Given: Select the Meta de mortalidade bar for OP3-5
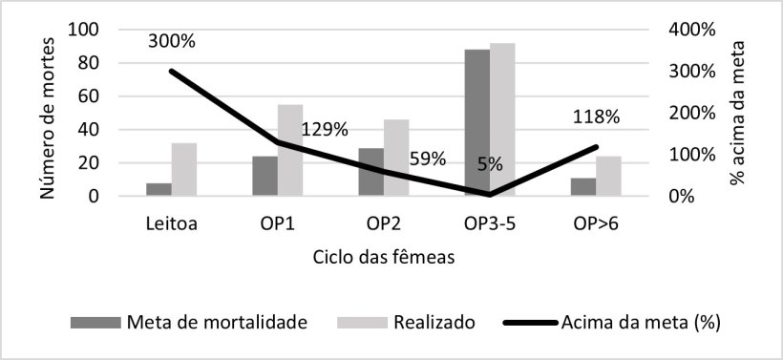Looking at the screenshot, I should (476, 122).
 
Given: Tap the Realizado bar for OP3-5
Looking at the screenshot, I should (502, 119).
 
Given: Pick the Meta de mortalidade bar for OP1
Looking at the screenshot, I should (265, 177).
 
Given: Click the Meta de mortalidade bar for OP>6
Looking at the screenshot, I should (582, 187).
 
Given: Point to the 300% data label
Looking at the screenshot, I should (171, 41).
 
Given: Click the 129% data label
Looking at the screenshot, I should (326, 131).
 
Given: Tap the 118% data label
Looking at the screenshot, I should (596, 117).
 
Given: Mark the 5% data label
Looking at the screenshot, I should (491, 163).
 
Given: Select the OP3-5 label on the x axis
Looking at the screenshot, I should (489, 223).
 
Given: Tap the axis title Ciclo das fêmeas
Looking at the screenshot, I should (382, 257).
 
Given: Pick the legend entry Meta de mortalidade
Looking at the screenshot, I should (217, 322).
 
